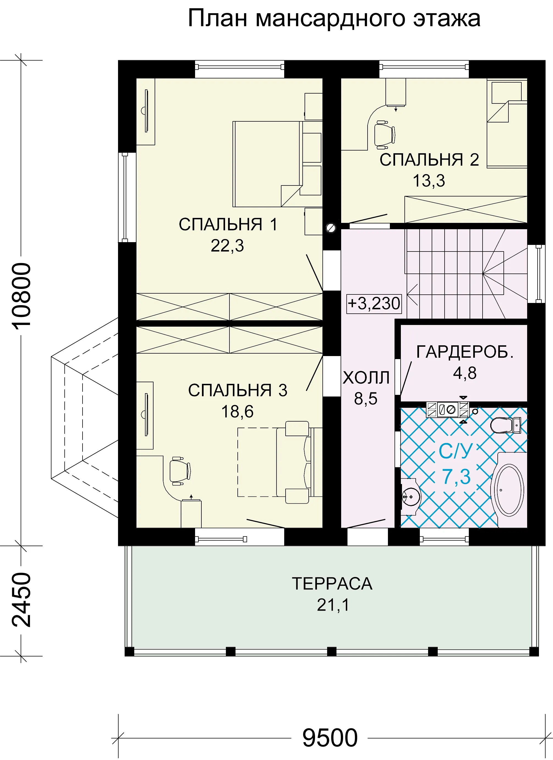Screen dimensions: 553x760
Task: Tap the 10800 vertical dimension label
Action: point(21,295)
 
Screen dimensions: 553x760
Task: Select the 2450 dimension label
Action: point(21,600)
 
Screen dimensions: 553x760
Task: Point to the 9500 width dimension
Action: point(330,737)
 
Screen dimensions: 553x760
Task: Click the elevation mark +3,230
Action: point(374,304)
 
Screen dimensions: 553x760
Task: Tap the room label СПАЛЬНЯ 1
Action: point(228,224)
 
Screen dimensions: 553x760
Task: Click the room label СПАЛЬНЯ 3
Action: point(238,390)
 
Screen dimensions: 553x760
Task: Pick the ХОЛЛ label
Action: point(366,378)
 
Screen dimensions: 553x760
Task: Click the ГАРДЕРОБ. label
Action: point(465,352)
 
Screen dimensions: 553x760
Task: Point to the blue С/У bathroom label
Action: point(456,451)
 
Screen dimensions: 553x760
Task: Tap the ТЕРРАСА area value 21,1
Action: point(333,605)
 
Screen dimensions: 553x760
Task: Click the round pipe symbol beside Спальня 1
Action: point(331,228)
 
